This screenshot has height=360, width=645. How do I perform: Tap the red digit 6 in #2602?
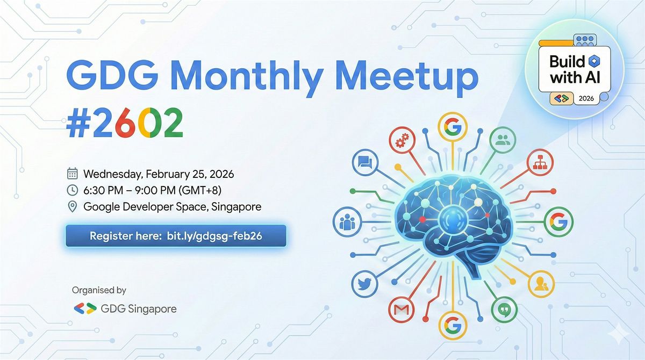pos(125,123)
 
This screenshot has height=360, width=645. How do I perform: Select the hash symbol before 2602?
pos(78,123)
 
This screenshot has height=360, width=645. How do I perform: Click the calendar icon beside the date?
pos(72,174)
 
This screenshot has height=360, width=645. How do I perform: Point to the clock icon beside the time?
pos(72,190)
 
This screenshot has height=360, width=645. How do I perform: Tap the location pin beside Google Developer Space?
pos(72,207)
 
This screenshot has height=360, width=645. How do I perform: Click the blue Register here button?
pos(176,236)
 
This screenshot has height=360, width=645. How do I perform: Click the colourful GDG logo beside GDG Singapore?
pos(85,308)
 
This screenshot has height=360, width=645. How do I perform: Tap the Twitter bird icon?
pos(365,284)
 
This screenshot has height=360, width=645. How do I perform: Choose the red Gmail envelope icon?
pos(402,309)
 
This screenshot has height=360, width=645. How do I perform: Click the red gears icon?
pos(402,140)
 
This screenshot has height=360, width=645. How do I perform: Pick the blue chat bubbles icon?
pos(365,162)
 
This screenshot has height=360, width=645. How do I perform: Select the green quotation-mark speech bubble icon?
pos(504,309)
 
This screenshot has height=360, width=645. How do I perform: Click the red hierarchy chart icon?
pos(540,162)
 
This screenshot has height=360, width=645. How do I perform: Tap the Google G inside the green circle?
pos(558,222)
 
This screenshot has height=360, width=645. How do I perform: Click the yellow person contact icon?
pos(541,284)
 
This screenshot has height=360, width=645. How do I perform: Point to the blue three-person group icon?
pos(347,222)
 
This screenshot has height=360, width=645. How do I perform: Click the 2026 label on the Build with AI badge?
pos(586,99)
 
